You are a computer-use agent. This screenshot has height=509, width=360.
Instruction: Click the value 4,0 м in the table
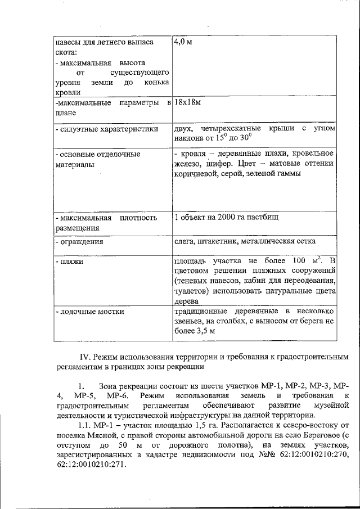183,43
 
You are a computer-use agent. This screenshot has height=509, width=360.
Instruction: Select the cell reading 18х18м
188,103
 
